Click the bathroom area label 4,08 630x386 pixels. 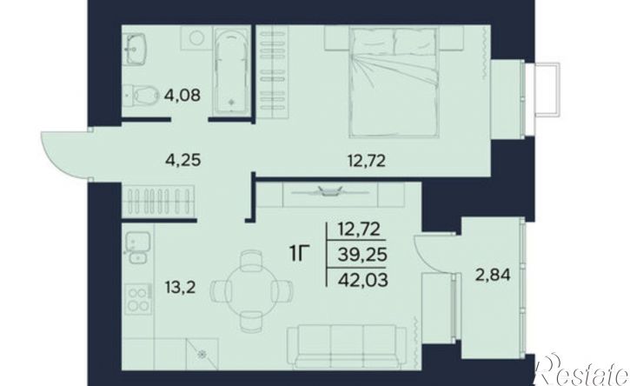click(182, 96)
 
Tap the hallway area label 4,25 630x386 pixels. click(182, 161)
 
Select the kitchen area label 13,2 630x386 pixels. click(180, 288)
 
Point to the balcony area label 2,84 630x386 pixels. click(493, 276)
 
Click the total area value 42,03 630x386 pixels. click(363, 279)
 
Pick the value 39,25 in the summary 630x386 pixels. click(362, 254)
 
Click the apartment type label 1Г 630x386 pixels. click(300, 254)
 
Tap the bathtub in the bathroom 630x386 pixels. click(230, 70)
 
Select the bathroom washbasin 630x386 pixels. click(135, 49)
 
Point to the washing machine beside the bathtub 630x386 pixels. click(197, 38)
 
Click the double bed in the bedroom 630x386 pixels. click(393, 82)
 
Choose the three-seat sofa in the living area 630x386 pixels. click(347, 347)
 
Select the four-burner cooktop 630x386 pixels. click(138, 299)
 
